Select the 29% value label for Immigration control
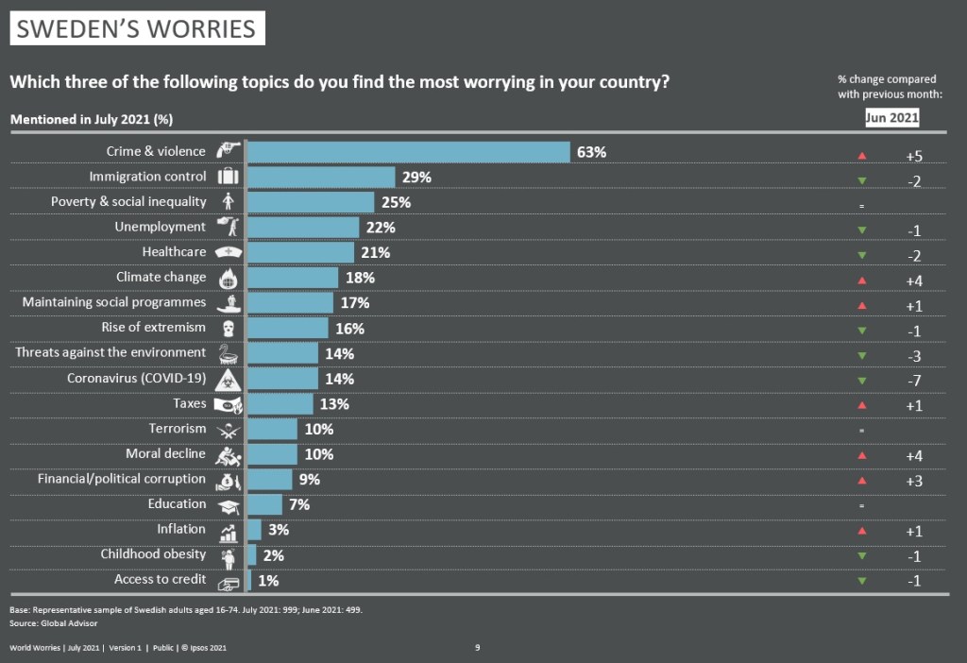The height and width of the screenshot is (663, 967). tap(416, 177)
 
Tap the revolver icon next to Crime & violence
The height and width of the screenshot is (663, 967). tap(228, 150)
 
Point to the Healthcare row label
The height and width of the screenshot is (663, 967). tap(174, 252)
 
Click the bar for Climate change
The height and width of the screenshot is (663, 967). tap(293, 278)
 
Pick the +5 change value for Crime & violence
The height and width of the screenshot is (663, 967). tap(913, 156)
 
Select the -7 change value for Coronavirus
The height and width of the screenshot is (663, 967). tap(913, 382)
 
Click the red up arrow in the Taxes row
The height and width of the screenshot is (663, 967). tap(861, 405)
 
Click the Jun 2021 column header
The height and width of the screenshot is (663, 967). tap(892, 118)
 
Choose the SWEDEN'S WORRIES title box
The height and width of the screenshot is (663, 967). tap(137, 28)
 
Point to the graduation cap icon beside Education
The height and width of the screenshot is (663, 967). tap(228, 505)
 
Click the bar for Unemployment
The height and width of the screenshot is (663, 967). tap(303, 227)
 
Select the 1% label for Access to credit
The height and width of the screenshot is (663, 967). tap(267, 581)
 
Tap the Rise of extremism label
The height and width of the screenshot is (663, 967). tap(153, 328)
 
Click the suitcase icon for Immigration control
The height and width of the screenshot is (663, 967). tap(228, 177)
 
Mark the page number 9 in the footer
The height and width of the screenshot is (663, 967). tap(478, 648)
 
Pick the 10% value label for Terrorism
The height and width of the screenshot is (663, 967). tap(320, 429)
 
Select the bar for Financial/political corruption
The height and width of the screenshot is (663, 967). tap(270, 480)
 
